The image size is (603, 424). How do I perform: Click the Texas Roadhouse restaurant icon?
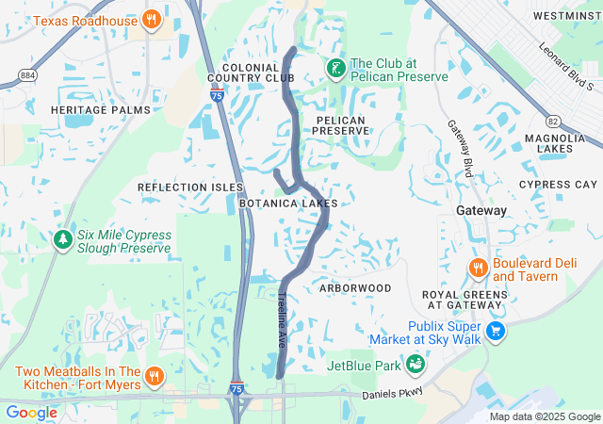coord(152,19)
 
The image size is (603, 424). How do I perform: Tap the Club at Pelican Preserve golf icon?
coord(335,69)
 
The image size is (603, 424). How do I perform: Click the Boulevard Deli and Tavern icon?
coord(478,269)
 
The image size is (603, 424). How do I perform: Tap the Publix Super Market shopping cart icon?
coord(496,332)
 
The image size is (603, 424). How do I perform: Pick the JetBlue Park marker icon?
coord(415,364)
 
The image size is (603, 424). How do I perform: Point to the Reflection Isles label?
coord(190,188)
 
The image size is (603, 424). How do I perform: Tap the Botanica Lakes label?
coord(287,204)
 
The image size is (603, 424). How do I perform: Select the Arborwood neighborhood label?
coord(354,287)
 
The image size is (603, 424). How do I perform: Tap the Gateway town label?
coord(481,210)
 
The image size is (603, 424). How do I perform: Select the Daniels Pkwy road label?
coord(393,391)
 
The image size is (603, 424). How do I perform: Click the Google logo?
coord(32,412)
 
